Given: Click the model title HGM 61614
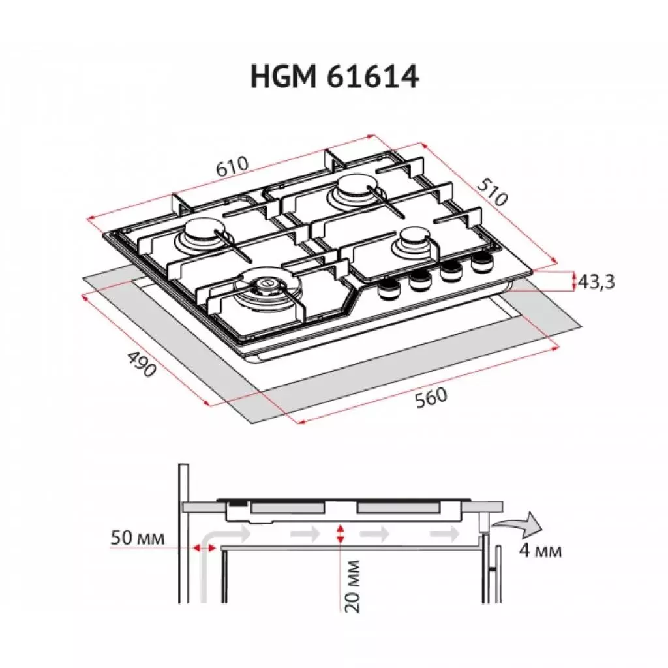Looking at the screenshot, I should pos(334,77).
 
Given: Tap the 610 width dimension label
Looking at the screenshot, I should pos(232,166).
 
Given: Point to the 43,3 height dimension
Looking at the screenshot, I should pos(594,282).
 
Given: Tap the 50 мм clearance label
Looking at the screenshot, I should pos(137,538).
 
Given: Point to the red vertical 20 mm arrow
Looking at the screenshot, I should pos(339,534).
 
